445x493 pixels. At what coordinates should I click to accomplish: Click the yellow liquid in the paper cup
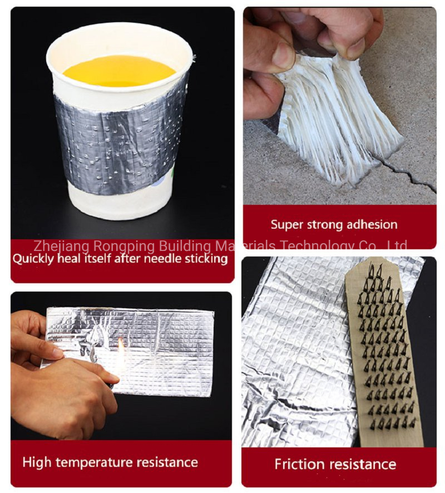pos(119,71)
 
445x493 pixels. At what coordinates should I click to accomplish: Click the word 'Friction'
pos(299,464)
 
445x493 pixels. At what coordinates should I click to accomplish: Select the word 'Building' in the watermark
pos(185,246)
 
